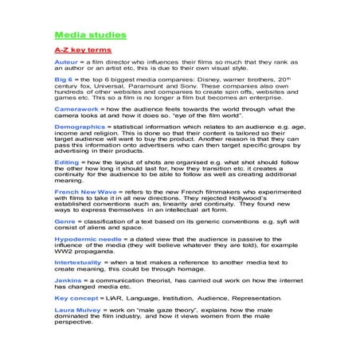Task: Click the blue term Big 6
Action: coord(64,80)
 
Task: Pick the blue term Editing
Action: coord(66,161)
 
